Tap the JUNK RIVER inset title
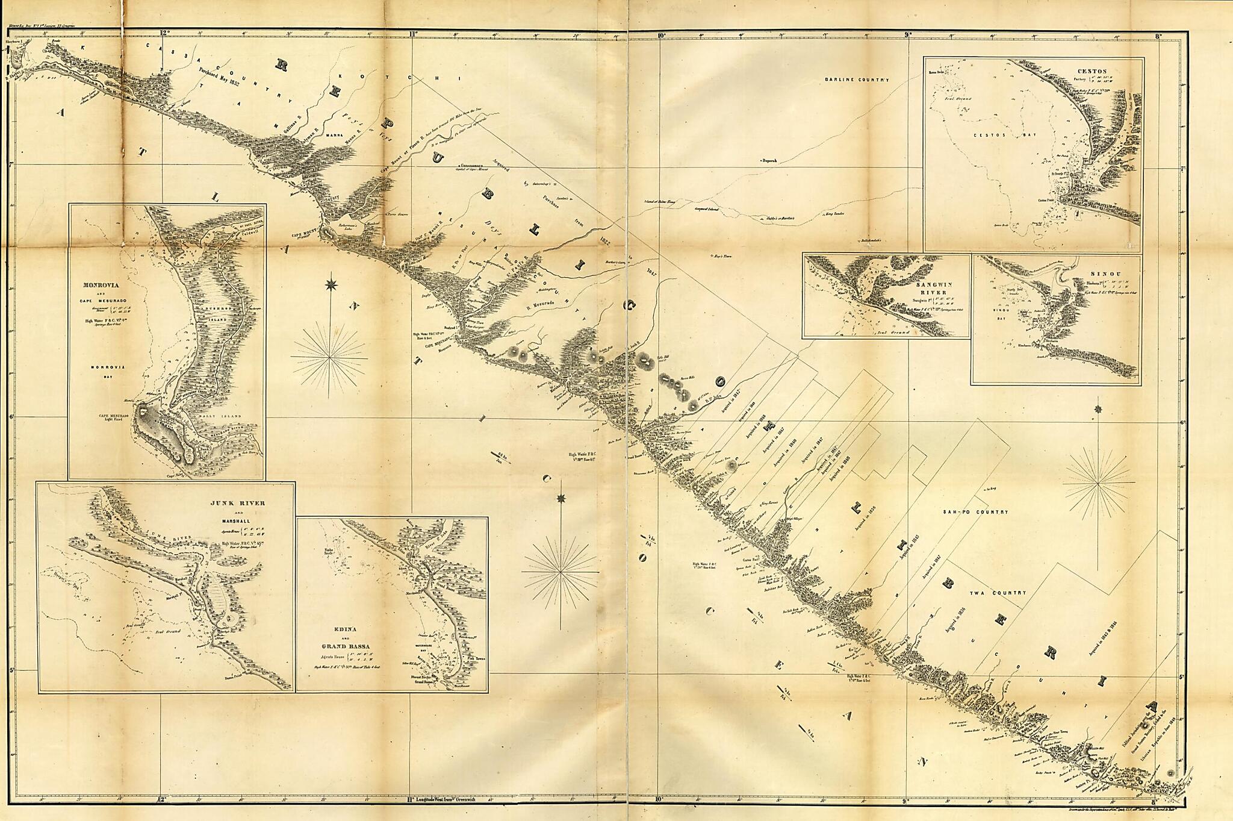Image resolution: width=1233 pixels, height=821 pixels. pos(237,503)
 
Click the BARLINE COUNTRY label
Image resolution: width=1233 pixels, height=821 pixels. pos(857,80)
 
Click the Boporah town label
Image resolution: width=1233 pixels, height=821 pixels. pos(769,161)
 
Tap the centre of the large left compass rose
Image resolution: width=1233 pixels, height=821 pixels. pos(329,357)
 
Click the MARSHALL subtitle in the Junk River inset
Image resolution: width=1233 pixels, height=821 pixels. pos(238,523)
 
